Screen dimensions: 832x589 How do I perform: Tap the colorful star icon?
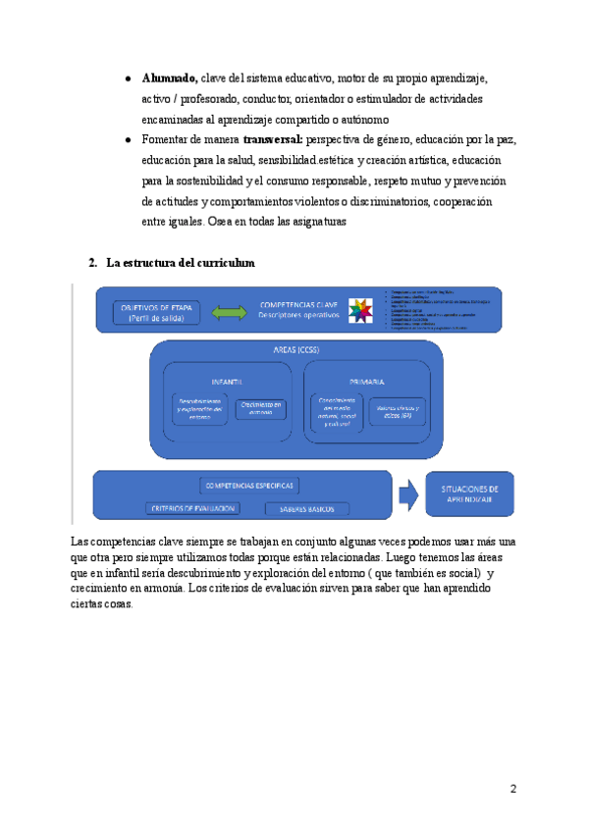361,310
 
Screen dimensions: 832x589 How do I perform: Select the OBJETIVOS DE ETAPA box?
155,311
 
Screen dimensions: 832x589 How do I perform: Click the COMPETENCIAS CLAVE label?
298,304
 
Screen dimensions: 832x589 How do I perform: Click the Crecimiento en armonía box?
264,407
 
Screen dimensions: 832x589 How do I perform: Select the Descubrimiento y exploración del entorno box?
199,409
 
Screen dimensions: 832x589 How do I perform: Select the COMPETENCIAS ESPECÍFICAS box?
249,486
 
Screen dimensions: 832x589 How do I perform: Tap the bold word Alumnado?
169,78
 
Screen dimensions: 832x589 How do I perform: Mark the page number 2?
513,789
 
